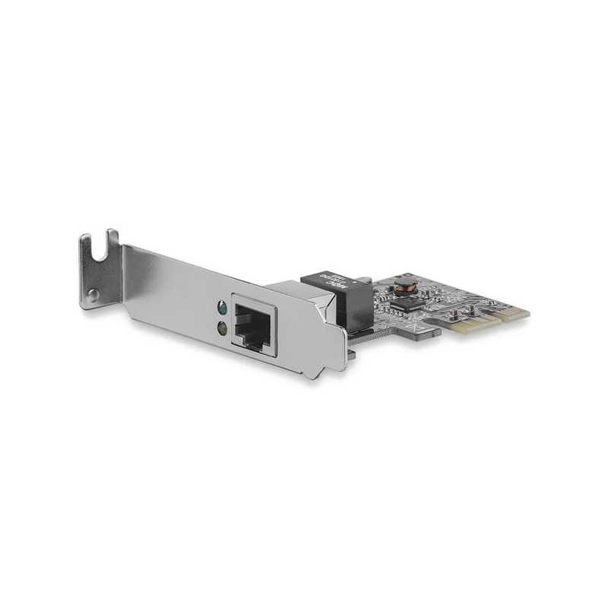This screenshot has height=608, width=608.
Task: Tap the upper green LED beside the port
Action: point(220,309)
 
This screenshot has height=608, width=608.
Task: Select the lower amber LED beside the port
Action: point(221,328)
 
